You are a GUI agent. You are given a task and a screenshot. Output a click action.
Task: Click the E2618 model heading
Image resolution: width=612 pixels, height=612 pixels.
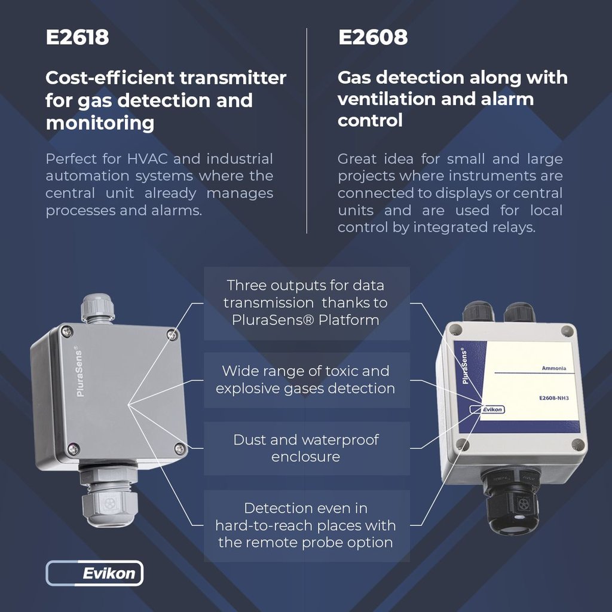click(x=77, y=38)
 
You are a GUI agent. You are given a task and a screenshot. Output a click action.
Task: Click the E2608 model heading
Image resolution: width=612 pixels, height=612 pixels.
click(x=372, y=38)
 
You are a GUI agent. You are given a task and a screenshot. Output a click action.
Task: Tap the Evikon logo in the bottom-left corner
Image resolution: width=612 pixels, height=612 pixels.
click(x=94, y=573)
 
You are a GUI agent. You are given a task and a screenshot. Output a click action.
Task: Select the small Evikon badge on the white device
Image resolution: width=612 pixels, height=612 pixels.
click(x=488, y=409)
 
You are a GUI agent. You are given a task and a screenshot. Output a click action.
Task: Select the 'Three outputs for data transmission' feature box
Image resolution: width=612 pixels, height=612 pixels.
click(x=306, y=302)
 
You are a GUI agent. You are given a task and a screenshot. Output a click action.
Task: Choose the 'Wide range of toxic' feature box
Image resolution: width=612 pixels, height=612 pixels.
click(x=306, y=380)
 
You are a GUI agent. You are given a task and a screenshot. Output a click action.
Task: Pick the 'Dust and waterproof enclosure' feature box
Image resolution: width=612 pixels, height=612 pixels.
click(x=306, y=448)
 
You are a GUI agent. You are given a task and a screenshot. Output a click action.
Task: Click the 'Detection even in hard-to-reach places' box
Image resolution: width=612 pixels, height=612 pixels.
click(x=306, y=525)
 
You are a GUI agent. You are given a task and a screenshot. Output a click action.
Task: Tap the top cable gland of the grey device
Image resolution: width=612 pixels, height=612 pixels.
click(x=97, y=307)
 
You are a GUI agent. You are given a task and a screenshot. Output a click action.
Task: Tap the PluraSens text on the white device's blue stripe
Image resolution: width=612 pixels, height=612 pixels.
click(x=467, y=366)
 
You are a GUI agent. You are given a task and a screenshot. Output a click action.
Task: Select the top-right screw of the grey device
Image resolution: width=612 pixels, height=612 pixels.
click(x=172, y=335)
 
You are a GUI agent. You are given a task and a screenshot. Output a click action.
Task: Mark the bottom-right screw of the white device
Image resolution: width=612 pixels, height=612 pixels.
click(x=576, y=444)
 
